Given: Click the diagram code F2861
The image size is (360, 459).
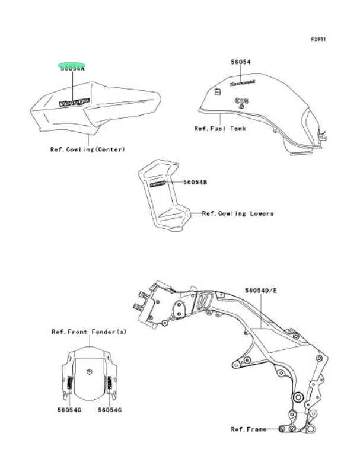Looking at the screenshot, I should tap(318, 39).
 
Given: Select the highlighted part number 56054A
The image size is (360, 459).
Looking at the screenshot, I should tap(72, 68).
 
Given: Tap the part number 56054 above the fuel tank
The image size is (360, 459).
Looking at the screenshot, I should tap(241, 62).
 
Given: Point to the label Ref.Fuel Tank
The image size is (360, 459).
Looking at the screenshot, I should tap(220, 128).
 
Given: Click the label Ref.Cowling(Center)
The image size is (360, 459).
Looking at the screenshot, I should tap(87, 149).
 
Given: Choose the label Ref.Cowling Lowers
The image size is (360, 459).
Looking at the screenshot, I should tap(238, 213).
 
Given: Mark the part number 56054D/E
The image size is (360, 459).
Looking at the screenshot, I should tap(261, 291).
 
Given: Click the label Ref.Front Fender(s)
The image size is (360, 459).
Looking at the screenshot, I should tap(88, 332).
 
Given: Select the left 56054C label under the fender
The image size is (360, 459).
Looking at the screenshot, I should tap(69, 410).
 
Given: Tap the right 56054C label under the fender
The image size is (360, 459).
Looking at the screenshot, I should tap(110, 410).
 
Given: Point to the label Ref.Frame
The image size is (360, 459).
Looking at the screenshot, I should tap(249, 428).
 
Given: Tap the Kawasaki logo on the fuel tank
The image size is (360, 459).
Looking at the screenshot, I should tap(243, 82).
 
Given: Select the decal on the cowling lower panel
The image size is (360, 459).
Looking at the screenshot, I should tap(158, 184).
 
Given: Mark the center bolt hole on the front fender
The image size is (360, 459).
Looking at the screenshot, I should tap(89, 372).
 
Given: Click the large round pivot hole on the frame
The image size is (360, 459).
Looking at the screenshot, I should tap(297, 396).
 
